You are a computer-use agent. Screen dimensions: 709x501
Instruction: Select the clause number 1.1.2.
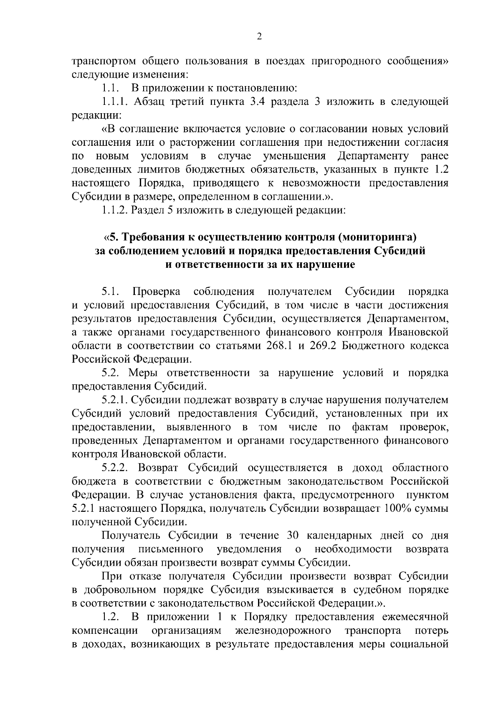coord(115,210)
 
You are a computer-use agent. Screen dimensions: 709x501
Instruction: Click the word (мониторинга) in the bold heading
coord(378,238)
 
